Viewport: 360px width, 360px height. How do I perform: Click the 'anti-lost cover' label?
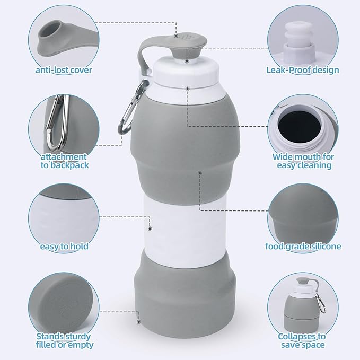click(x=64, y=70)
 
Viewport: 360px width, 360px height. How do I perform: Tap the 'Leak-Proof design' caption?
click(x=303, y=70)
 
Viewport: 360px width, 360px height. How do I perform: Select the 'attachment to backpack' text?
click(x=64, y=161)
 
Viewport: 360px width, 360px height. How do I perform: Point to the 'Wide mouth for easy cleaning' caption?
click(x=303, y=161)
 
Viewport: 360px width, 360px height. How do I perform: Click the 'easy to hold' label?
click(x=64, y=246)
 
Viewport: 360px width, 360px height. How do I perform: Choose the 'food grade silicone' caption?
click(x=303, y=246)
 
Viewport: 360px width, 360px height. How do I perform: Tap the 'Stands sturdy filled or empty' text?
click(x=64, y=340)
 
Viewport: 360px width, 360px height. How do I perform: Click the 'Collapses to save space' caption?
click(x=302, y=340)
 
